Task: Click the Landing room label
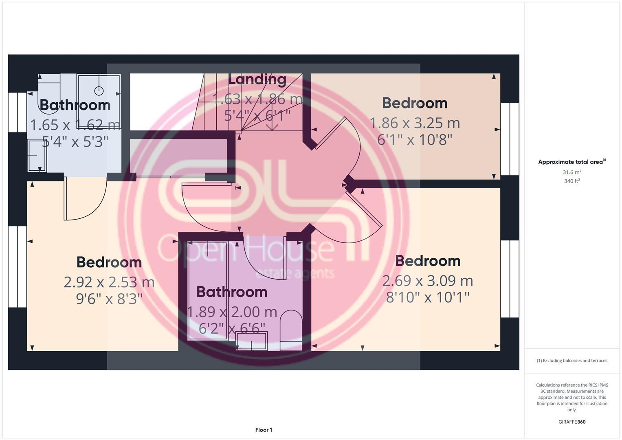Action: tap(257, 79)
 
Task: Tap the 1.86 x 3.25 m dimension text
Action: tap(415, 123)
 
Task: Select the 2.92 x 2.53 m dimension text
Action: tap(109, 282)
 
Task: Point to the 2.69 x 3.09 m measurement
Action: tap(428, 281)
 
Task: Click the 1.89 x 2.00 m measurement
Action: tap(232, 312)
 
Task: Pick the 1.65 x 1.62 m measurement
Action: tap(75, 124)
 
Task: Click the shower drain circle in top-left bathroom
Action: tap(99, 90)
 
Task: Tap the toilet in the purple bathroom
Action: tap(292, 326)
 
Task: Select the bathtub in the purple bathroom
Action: tap(207, 290)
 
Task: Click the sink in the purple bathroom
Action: tap(251, 341)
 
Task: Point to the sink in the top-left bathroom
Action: tap(37, 156)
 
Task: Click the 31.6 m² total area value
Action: tap(572, 172)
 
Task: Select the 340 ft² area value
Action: tap(572, 181)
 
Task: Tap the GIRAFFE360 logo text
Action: tap(572, 422)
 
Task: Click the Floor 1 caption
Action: tap(264, 430)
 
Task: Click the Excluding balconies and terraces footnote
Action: tap(572, 361)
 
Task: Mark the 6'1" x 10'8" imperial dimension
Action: tap(415, 140)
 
